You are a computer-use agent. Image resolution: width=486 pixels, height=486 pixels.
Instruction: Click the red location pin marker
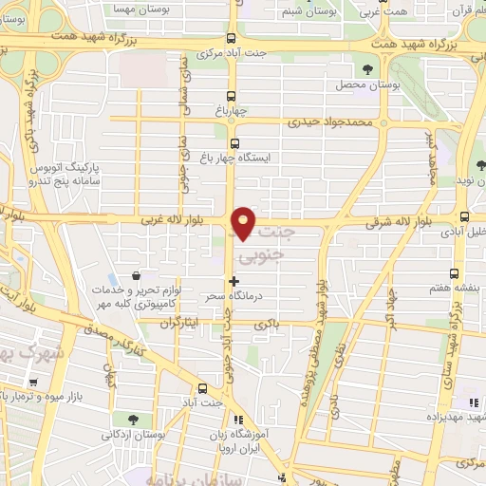(245, 221)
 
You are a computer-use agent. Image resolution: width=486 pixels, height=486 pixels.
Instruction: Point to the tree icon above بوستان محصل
(366, 68)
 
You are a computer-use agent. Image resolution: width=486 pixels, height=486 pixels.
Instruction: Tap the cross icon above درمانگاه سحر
(234, 281)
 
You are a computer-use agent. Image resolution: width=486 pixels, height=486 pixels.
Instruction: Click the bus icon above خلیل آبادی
(463, 216)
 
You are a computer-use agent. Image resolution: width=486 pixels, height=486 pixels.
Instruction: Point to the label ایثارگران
(181, 323)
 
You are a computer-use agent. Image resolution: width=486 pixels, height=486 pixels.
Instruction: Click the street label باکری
(267, 325)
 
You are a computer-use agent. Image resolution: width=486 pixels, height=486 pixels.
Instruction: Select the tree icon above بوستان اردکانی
(132, 419)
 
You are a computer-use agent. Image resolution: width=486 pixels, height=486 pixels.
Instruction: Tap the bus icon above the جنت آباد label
(202, 387)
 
